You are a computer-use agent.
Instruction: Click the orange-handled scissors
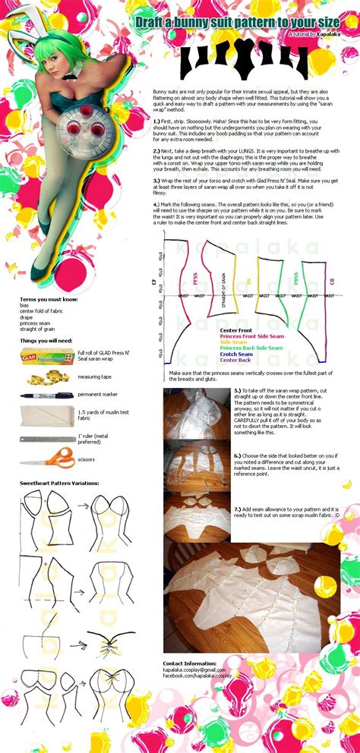pos(46,458)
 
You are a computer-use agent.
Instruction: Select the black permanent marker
pos(46,395)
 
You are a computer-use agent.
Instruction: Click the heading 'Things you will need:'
pos(47,340)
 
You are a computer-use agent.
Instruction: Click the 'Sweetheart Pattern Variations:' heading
pos(62,483)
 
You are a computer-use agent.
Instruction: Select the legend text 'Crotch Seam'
pos(237,354)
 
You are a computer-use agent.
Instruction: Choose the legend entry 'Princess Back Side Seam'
pos(251,348)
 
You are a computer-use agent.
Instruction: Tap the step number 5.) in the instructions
pos(238,389)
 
